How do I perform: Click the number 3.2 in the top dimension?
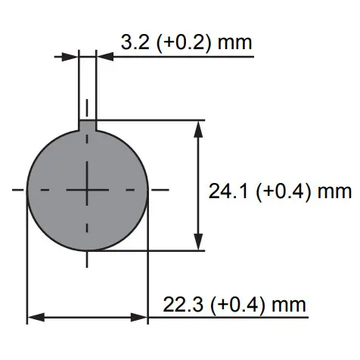pos(135,42)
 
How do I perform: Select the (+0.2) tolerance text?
pos(183,43)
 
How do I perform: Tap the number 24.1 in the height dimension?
pos(228,191)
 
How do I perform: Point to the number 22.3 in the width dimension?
pos(183,305)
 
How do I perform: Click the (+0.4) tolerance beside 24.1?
pos(283,191)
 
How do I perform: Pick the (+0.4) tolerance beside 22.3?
pos(237,306)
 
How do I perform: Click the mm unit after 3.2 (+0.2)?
pos(234,43)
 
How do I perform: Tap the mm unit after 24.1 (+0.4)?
pos(334,192)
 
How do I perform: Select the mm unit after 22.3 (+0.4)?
pos(289,306)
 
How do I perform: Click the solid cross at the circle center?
pos(87,190)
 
